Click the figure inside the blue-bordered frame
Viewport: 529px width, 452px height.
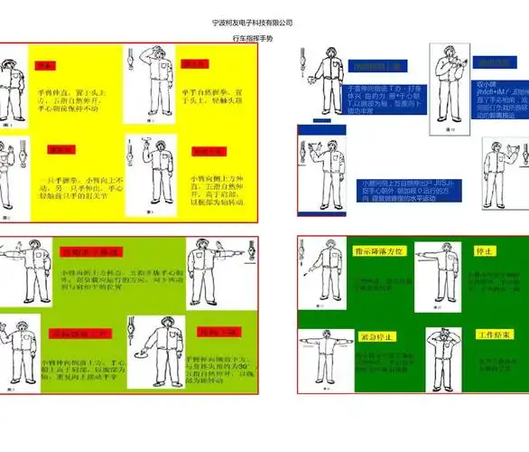(322, 172)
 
